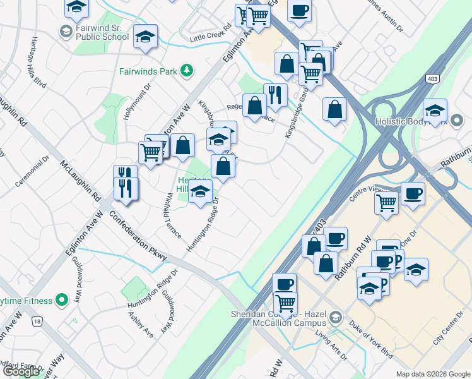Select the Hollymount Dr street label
pyautogui.click(x=138, y=104)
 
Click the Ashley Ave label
pyautogui.click(x=141, y=323)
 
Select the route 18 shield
pyautogui.click(x=38, y=322)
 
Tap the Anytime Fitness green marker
pyautogui.click(x=61, y=299)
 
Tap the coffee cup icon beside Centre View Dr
pyautogui.click(x=413, y=193)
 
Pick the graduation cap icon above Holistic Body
pyautogui.click(x=434, y=110)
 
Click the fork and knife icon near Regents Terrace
pyautogui.click(x=275, y=94)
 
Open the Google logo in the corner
pyautogui.click(x=21, y=371)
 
